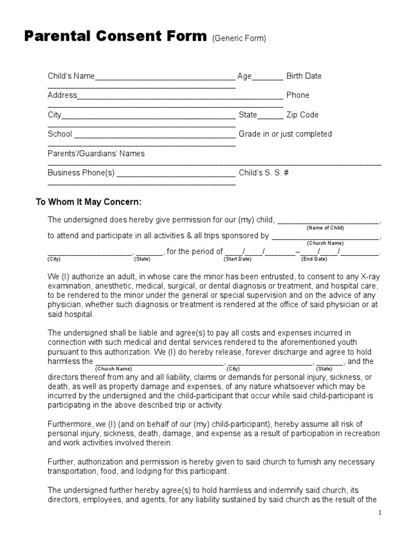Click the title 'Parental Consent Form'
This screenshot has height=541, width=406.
coord(116,36)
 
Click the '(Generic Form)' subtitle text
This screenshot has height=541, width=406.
coord(239,38)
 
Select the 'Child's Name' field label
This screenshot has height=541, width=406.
coord(71,76)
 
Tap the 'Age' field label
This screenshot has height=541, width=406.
coord(244,76)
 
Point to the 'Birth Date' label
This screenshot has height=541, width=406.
coord(303,76)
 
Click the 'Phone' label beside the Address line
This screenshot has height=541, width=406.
coord(298,96)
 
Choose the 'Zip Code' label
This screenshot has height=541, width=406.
coord(302,115)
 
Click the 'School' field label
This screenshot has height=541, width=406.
coord(60,134)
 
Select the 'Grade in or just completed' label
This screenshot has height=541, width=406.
coord(285,134)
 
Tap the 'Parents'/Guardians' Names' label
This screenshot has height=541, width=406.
coord(96,154)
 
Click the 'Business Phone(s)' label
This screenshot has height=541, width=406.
coord(81,173)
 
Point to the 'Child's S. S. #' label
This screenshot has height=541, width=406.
coord(263,173)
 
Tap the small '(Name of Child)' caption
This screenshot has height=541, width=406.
coord(325,228)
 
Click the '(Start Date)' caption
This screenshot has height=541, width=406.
coord(237,259)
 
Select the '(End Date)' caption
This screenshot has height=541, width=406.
coord(314,259)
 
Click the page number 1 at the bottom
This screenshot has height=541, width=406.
coord(380,513)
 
